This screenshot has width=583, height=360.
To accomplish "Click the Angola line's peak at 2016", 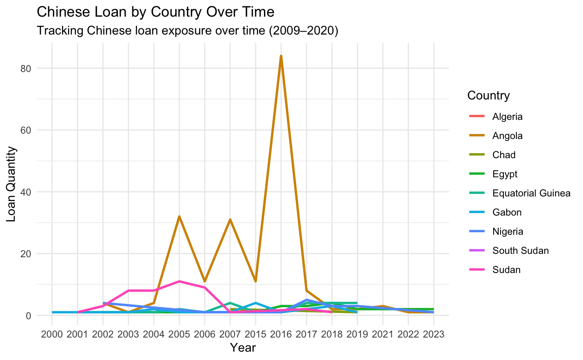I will [x=281, y=56].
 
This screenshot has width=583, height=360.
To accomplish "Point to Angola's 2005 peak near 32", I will [x=179, y=216].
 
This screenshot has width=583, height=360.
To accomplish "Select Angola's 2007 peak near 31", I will [x=230, y=219].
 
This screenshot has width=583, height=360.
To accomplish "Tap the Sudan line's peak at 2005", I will [x=179, y=281].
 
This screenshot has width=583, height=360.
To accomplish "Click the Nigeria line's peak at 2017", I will [x=306, y=300].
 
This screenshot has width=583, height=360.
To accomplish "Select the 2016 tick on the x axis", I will [x=281, y=334].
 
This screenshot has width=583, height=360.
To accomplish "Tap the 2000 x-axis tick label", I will [x=52, y=334].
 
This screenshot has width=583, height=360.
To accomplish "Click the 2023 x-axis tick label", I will [x=434, y=334].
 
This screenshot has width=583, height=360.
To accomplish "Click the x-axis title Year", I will [x=243, y=348].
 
